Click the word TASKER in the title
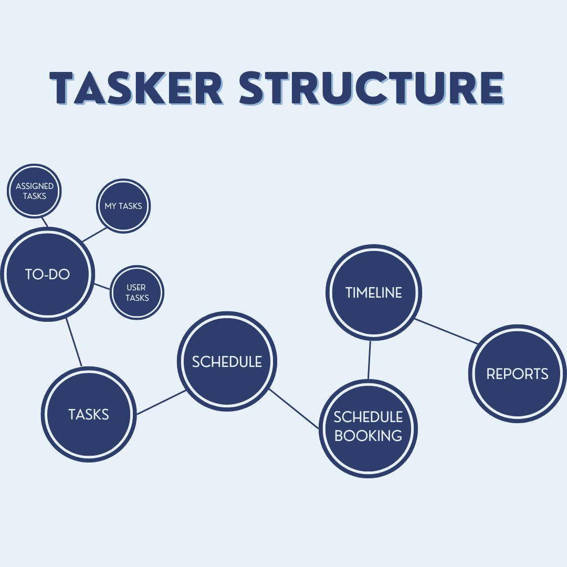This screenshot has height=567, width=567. point(136,88)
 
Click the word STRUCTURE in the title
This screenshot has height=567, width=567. point(371,88)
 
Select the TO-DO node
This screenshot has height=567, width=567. point(48,274)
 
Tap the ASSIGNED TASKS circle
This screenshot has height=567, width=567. point(35,191)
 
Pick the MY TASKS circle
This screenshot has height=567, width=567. point(123,205)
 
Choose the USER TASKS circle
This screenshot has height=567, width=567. point(136,292)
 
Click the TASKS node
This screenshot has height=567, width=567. point(89,414)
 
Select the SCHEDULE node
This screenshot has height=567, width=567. point(227,361)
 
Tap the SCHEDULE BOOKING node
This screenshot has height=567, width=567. point(368,428)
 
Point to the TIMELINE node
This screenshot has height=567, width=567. point(374,292)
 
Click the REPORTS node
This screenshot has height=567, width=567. point(517,373)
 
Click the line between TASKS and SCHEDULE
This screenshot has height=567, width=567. point(161,402)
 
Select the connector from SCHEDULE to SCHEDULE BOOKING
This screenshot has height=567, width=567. point(294,409)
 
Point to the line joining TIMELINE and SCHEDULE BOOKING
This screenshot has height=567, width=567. point(370,360)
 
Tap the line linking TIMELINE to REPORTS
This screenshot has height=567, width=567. point(446,331)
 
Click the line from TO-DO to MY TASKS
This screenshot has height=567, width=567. point(94,235)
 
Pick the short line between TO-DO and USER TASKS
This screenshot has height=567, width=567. point(102,286)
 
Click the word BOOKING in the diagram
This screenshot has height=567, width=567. point(368,436)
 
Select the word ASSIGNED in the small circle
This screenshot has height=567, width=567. point(35,186)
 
